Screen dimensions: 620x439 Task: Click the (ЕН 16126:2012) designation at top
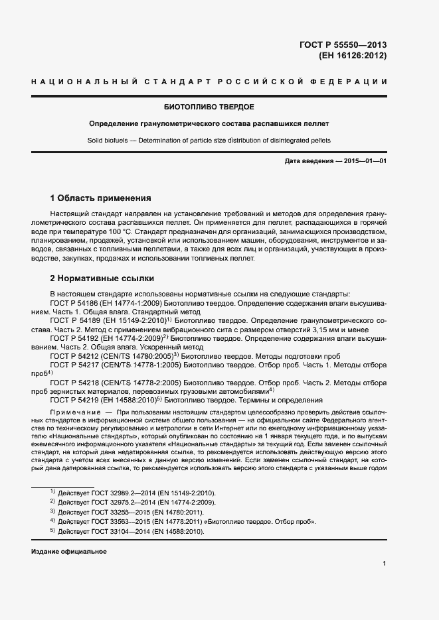pyautogui.click(x=353, y=56)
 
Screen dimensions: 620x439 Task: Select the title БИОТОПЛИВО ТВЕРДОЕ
pyautogui.click(x=209, y=106)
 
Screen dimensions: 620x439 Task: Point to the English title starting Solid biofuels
pyautogui.click(x=209, y=141)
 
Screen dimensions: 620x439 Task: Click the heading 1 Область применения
pyautogui.click(x=101, y=198)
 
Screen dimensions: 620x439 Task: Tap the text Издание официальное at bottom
pyautogui.click(x=68, y=552)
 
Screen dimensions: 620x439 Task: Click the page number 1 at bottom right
pyautogui.click(x=385, y=564)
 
